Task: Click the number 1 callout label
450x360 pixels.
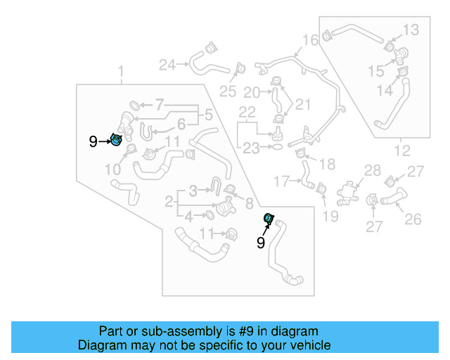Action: tap(120, 71)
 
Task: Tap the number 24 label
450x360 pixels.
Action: tap(167, 65)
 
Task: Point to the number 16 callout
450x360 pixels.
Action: tap(310, 39)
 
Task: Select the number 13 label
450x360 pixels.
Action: tap(411, 29)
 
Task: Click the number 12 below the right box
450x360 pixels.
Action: tap(401, 150)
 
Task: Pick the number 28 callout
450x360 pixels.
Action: tap(372, 170)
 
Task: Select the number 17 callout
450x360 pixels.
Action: tap(281, 181)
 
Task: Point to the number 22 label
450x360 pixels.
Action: tap(247, 112)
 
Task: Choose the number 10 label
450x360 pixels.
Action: tap(113, 169)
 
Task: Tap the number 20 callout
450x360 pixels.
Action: tap(251, 92)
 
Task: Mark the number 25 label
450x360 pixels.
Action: tap(228, 91)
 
